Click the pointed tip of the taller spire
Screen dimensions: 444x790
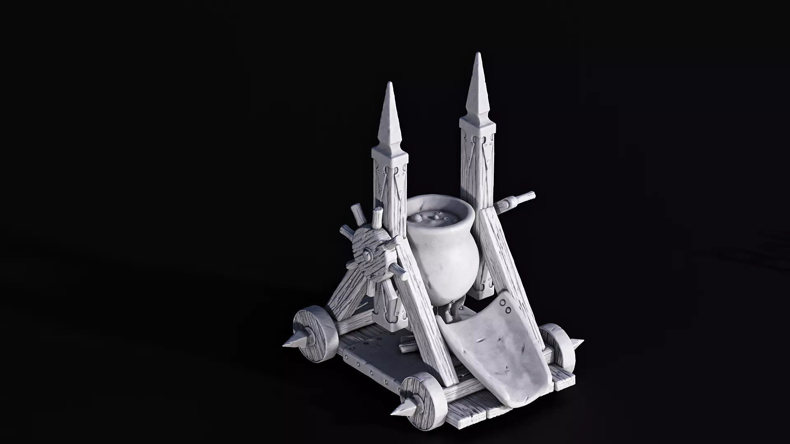[x=477, y=54]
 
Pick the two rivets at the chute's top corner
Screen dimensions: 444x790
[x=505, y=306]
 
